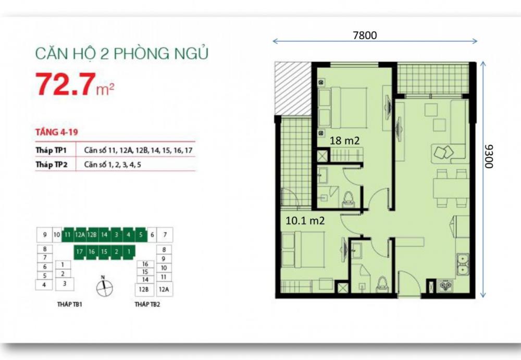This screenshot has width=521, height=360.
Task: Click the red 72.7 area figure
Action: pyautogui.click(x=65, y=85)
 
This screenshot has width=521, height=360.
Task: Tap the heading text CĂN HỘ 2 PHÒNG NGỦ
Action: pyautogui.click(x=121, y=54)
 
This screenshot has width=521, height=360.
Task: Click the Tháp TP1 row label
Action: pyautogui.click(x=54, y=150)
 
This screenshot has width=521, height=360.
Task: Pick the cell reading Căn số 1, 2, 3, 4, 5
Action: pyautogui.click(x=113, y=165)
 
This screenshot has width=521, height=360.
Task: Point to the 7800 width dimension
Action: pyautogui.click(x=364, y=35)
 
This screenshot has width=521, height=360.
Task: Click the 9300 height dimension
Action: pyautogui.click(x=488, y=156)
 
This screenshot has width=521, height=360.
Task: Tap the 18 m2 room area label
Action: pyautogui.click(x=345, y=141)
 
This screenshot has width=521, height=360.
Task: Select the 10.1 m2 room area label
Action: pyautogui.click(x=305, y=220)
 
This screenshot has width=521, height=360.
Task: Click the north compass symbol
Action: pyautogui.click(x=104, y=286)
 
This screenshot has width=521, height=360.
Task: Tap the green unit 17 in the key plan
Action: pyautogui.click(x=79, y=252)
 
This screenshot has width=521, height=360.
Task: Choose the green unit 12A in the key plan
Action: pyautogui.click(x=80, y=235)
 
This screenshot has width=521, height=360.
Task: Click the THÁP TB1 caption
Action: pyautogui.click(x=70, y=304)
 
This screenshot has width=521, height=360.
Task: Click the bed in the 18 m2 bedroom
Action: pyautogui.click(x=344, y=107)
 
